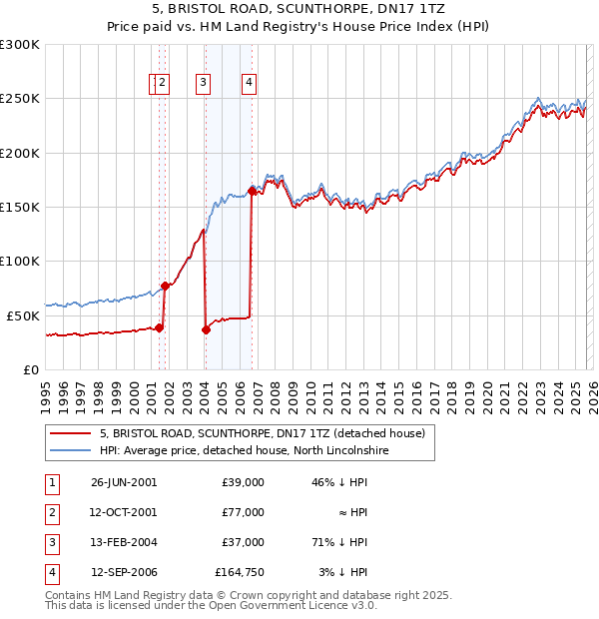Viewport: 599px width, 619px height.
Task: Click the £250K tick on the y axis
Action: [20, 99]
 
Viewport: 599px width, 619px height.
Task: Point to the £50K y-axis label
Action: [23, 315]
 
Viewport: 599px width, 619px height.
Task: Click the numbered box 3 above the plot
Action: [204, 84]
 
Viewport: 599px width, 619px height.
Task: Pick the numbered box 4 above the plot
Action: [249, 84]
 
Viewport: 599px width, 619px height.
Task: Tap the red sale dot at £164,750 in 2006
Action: [252, 191]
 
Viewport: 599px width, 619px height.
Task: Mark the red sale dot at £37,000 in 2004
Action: [206, 329]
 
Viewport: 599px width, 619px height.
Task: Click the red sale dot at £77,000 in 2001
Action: [165, 287]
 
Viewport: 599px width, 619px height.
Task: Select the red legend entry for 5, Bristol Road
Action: [263, 433]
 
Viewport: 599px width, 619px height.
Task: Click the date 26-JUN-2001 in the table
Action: [124, 481]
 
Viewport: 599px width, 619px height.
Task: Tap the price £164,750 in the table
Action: [240, 572]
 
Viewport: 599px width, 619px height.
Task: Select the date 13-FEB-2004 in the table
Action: [124, 542]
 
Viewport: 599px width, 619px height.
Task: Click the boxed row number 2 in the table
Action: [51, 512]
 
